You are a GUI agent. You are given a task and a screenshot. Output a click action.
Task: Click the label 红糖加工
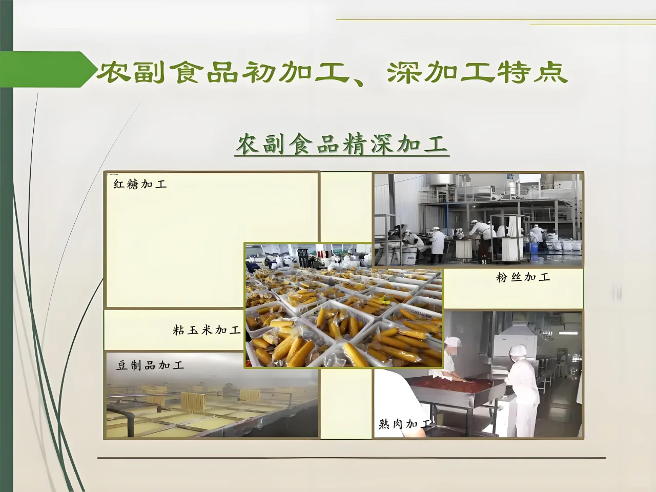(x=140, y=184)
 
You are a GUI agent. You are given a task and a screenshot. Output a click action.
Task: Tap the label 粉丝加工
(x=523, y=277)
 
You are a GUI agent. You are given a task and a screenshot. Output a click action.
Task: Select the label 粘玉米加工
(x=207, y=330)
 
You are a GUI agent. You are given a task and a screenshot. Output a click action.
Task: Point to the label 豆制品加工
(x=150, y=365)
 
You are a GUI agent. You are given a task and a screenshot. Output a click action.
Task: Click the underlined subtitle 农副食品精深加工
(x=342, y=145)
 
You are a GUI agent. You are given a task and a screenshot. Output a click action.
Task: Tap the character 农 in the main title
(x=112, y=72)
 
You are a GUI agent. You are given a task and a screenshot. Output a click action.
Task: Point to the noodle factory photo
(x=478, y=220)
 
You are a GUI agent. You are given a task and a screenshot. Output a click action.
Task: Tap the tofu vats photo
(x=211, y=405)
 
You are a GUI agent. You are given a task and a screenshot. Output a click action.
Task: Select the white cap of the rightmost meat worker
(x=518, y=351)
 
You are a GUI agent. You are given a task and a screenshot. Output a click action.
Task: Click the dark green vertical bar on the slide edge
(x=6, y=246)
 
